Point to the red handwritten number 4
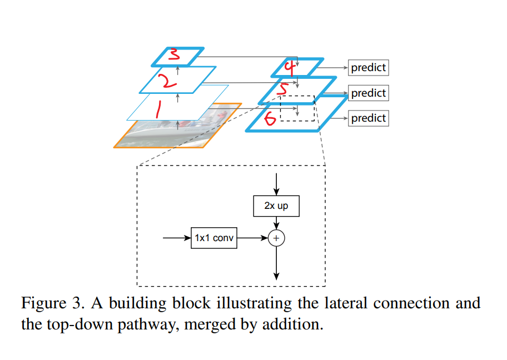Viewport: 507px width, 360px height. point(289,67)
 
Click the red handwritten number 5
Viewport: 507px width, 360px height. point(283,90)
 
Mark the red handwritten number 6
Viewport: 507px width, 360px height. point(271,118)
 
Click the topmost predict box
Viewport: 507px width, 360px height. point(368,68)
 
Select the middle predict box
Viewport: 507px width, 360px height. point(368,93)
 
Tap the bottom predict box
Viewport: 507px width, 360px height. point(368,118)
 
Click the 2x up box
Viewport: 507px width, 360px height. point(276,206)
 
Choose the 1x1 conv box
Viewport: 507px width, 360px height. point(214,238)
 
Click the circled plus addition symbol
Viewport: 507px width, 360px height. point(276,238)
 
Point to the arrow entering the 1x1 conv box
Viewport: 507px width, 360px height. point(177,238)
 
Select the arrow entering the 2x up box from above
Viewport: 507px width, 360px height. point(276,183)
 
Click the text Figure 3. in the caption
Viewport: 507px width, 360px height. point(56,304)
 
